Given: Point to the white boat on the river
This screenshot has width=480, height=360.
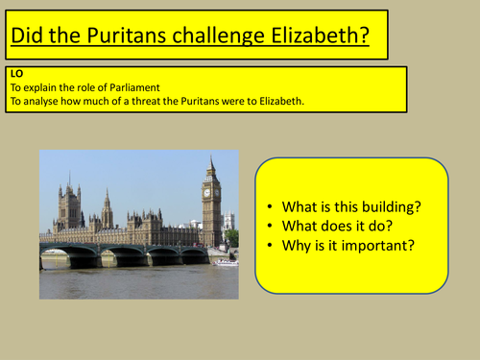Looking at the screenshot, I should pyautogui.click(x=227, y=262).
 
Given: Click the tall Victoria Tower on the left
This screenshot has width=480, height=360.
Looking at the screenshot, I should pyautogui.click(x=69, y=205).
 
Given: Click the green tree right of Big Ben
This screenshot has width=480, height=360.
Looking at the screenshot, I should pyautogui.click(x=231, y=237).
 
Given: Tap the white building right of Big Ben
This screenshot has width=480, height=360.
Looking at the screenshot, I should pyautogui.click(x=228, y=222).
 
